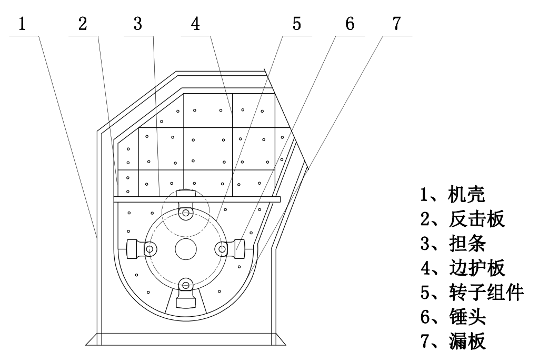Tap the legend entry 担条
(x=453, y=244)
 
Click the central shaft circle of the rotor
(x=185, y=248)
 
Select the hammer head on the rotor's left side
(x=135, y=248)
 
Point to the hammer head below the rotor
(x=185, y=298)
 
